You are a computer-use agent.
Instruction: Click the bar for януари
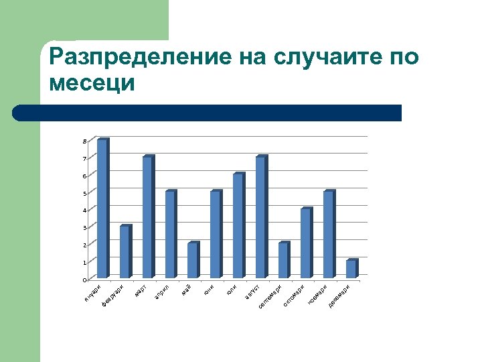click(102, 208)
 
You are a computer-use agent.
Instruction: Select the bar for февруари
click(125, 251)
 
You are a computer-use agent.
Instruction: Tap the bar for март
click(148, 217)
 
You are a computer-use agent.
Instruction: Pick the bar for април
click(170, 235)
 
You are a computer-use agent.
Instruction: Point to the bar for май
click(193, 260)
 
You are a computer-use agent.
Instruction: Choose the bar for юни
click(216, 235)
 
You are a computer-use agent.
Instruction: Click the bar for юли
click(238, 226)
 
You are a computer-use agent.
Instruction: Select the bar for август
click(261, 217)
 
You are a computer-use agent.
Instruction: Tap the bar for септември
click(284, 260)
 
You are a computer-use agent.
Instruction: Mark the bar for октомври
click(306, 243)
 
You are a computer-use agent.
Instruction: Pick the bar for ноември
click(329, 235)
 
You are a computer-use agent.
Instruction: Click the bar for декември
click(351, 269)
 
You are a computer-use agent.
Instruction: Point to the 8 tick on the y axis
click(84, 141)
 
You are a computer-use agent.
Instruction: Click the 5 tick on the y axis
click(84, 194)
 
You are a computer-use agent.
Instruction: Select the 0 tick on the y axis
click(84, 280)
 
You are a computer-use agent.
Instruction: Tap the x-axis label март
click(141, 292)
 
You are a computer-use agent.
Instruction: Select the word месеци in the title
click(92, 84)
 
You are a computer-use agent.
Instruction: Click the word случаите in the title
click(324, 58)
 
